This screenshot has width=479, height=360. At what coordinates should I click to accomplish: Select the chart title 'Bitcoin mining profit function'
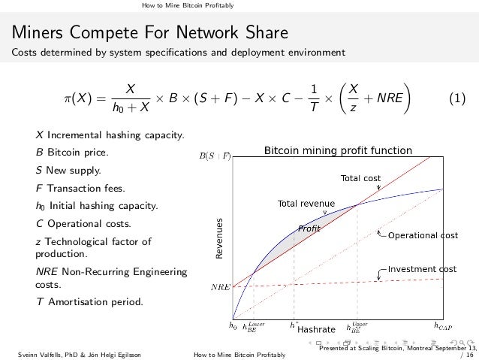[x=338, y=151]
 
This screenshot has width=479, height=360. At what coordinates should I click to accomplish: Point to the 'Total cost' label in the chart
[x=361, y=178]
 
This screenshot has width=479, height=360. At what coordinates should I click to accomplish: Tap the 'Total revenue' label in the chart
[x=306, y=203]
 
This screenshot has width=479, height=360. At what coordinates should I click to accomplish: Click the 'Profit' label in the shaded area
[x=309, y=228]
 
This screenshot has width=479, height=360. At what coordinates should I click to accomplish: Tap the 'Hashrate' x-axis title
[x=315, y=328]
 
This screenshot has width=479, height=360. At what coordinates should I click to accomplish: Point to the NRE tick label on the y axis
[x=220, y=287]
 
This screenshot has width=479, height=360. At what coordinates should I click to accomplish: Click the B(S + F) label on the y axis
[x=214, y=156]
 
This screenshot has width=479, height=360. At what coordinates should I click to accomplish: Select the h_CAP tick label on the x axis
[x=443, y=326]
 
